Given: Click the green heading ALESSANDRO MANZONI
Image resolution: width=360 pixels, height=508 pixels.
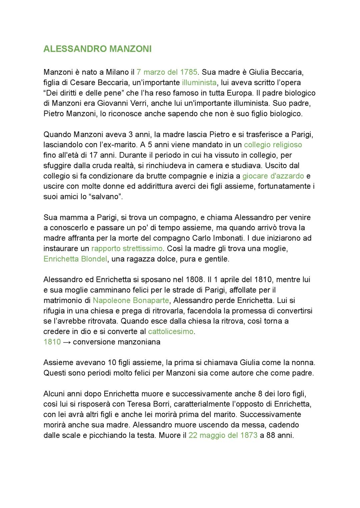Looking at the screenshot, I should (x=97, y=49).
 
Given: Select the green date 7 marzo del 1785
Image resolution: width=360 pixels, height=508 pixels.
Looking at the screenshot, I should (x=167, y=72).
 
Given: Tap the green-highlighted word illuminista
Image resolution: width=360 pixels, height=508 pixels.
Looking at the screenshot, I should (x=199, y=82).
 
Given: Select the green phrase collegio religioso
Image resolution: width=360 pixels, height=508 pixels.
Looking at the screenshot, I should (x=273, y=145).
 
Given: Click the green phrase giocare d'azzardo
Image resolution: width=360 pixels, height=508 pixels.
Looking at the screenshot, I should (x=273, y=176).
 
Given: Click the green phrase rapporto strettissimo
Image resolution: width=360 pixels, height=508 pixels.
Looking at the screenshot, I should (x=127, y=249).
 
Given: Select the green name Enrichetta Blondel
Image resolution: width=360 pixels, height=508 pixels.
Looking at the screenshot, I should (x=75, y=259).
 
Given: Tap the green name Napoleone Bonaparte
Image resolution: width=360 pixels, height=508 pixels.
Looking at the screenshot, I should (x=131, y=300).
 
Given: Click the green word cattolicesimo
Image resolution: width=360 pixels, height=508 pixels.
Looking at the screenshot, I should (x=171, y=331).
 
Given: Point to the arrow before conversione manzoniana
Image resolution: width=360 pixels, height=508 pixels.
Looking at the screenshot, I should (x=67, y=342).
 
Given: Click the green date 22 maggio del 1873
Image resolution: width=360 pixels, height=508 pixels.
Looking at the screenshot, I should (x=223, y=435).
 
